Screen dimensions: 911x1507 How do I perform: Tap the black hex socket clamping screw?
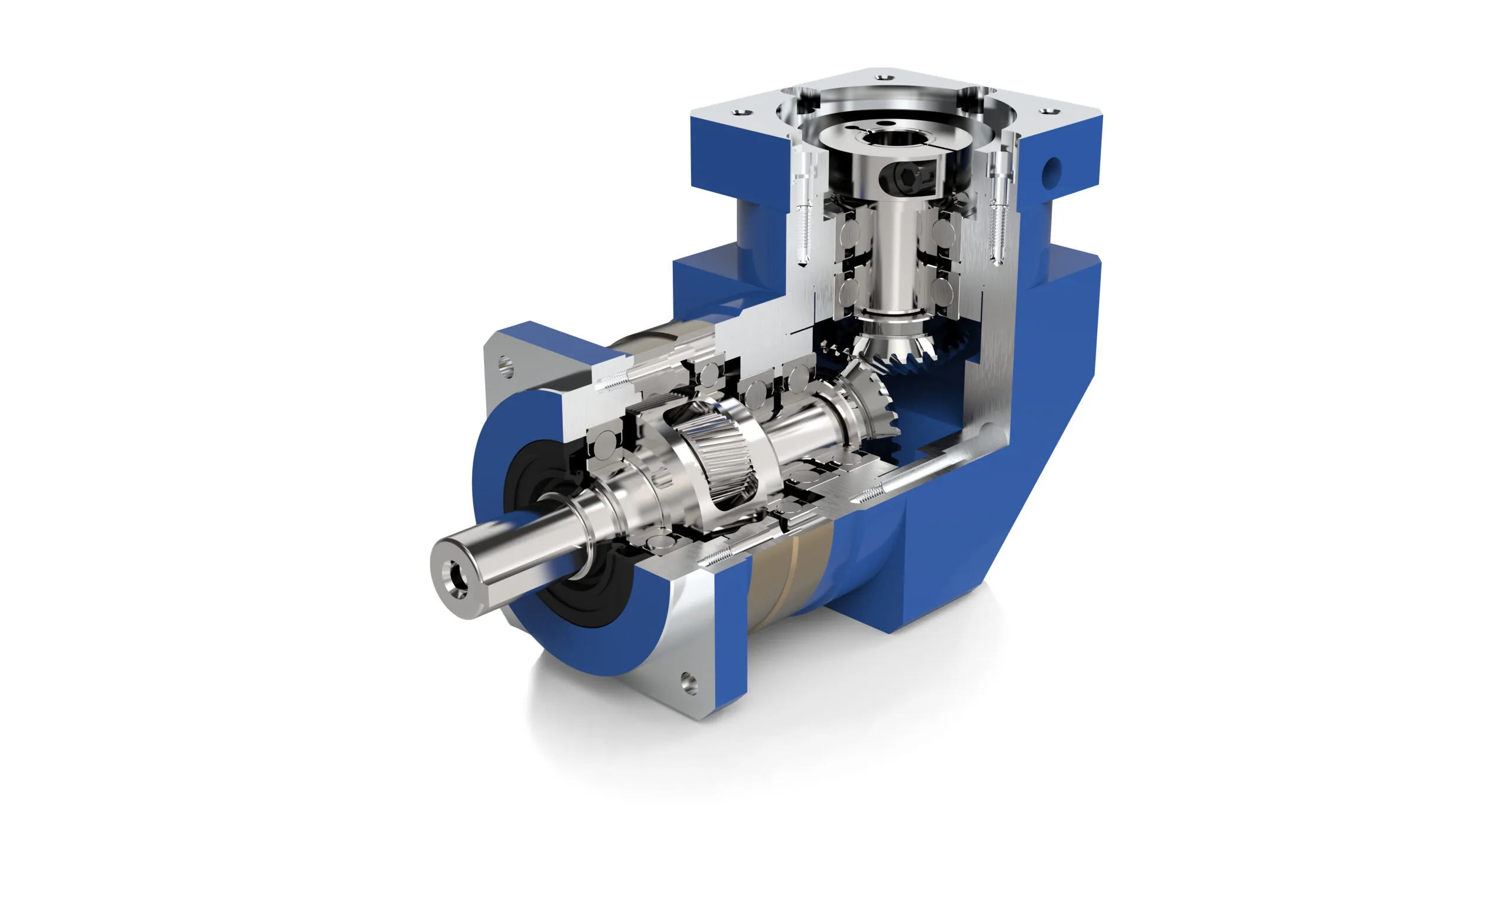click(x=907, y=177)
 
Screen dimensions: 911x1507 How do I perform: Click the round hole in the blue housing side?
click(x=1053, y=170)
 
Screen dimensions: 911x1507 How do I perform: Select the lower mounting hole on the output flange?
click(x=689, y=681)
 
